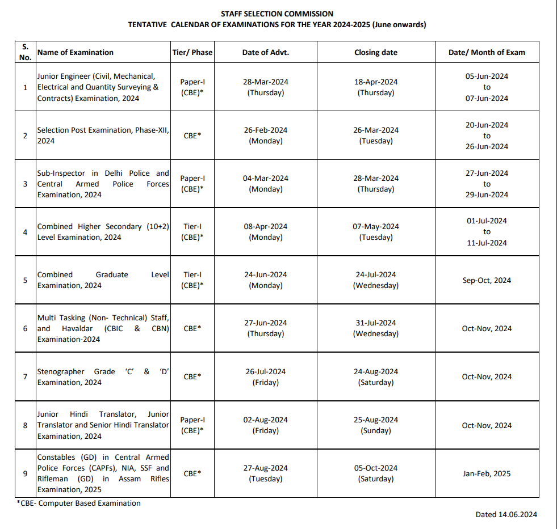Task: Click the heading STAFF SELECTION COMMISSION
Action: pos(277,14)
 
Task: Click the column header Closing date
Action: pos(375,52)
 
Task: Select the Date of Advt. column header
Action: pos(265,52)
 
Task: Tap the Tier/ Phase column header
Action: pos(192,52)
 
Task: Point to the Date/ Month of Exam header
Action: pos(487,52)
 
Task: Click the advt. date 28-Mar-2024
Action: pos(265,82)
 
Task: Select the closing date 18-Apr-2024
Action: pos(375,82)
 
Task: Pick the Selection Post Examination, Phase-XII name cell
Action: pos(103,136)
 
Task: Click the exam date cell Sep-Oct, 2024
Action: pos(487,280)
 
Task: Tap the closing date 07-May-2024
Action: pos(375,226)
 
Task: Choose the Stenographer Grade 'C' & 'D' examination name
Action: pos(103,377)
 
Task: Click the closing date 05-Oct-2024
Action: pos(375,468)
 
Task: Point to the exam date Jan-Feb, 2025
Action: pos(487,473)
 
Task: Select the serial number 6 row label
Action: pos(25,328)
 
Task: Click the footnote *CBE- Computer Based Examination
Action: pos(78,503)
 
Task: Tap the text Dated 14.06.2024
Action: pos(506,514)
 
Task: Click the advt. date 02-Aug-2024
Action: pos(265,420)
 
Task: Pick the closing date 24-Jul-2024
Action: pos(375,274)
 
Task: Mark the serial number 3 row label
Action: pos(25,184)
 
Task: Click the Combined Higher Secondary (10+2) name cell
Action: pos(103,232)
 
